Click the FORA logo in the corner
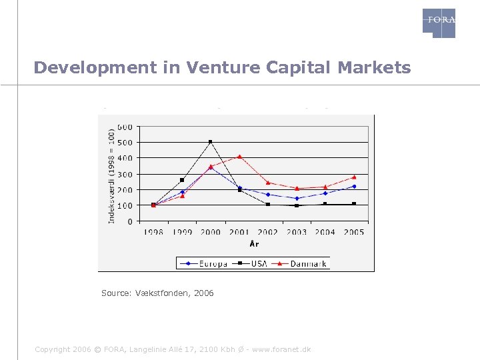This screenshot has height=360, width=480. (439, 23)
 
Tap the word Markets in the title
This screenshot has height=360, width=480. (375, 67)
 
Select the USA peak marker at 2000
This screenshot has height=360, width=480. (211, 141)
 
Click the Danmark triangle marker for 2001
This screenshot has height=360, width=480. (239, 157)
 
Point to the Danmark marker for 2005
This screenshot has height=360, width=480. (354, 177)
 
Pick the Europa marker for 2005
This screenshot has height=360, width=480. (354, 187)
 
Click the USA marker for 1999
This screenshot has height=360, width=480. (182, 180)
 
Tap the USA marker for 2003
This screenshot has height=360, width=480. (297, 205)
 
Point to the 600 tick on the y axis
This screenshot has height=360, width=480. (125, 127)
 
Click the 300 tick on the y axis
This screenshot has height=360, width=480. (125, 174)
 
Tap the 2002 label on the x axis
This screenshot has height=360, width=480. (268, 232)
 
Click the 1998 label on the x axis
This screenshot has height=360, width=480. (153, 232)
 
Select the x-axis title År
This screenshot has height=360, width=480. (254, 244)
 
